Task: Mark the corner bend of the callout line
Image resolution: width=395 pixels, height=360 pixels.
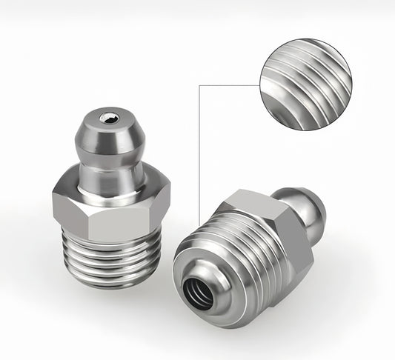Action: coord(201,84)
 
